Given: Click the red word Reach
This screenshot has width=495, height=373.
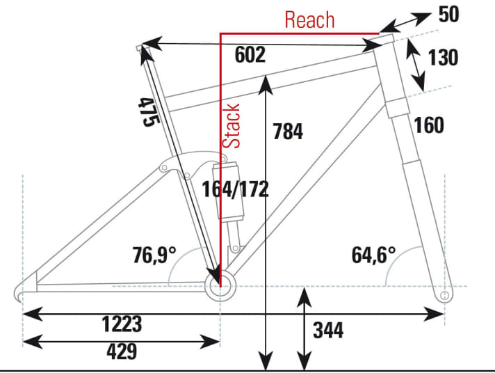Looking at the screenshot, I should point(309,19).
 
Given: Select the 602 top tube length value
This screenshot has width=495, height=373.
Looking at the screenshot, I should point(250,56).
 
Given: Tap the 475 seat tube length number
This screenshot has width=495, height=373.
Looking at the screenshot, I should point(146,111).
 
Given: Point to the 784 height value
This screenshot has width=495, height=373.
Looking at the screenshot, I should point(288,131).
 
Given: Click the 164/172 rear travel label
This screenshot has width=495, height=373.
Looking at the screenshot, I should point(234,189).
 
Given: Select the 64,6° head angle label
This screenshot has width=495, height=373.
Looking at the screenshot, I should point(373,255).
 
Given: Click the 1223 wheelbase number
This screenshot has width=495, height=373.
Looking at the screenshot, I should point(122,324).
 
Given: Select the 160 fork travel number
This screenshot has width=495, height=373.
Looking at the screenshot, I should point(428,125).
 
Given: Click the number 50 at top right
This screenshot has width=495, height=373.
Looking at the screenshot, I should point(449,14).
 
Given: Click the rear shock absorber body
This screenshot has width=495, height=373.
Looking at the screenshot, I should point(229,195).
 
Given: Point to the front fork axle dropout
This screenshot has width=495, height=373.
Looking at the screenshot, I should point(444,296).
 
